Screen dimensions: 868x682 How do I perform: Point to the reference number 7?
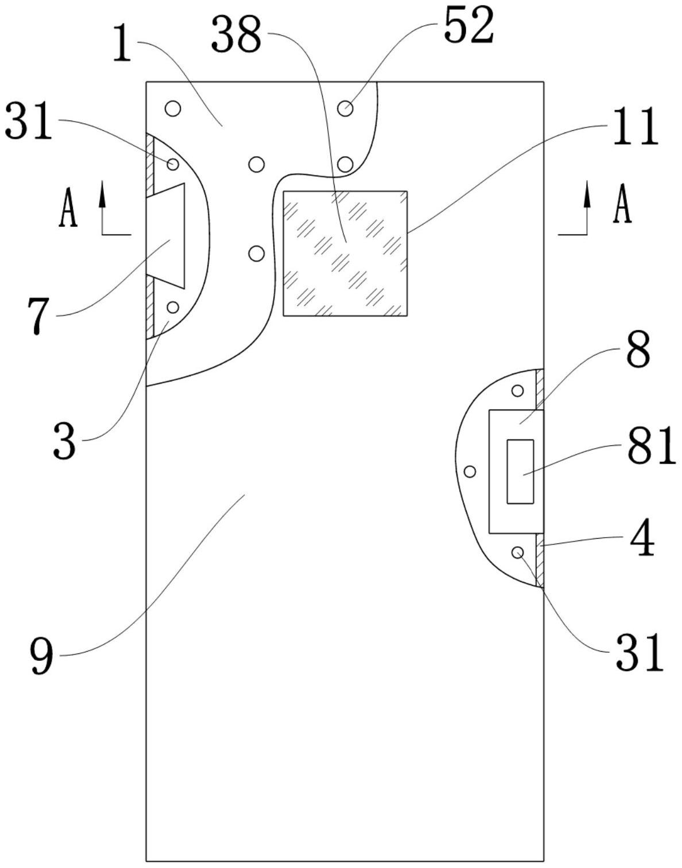coord(37,316)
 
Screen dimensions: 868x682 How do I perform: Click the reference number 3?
coord(64,441)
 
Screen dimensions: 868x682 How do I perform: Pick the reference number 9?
coord(41,656)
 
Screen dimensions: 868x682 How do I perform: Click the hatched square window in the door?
coord(345,253)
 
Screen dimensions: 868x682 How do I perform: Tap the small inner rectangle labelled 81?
coord(520,472)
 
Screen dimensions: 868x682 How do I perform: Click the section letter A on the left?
coord(68,209)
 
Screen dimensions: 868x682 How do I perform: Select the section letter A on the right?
coord(622,205)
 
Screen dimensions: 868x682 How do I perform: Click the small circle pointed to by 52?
coord(345,107)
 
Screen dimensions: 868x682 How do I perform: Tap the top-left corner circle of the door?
coord(173,107)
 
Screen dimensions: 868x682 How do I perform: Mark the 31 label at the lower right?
coord(639,653)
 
